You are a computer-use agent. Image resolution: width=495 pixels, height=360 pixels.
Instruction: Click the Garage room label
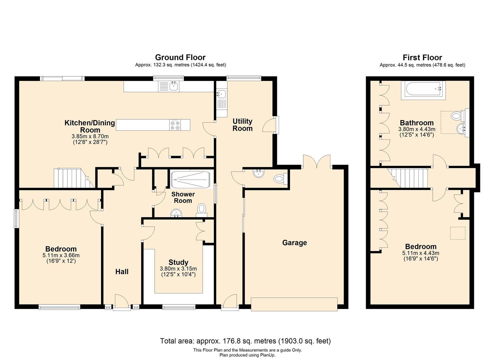[x=294, y=243]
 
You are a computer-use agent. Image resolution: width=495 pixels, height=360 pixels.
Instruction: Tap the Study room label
[x=178, y=262]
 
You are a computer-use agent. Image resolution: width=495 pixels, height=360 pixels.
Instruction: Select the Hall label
[x=122, y=272]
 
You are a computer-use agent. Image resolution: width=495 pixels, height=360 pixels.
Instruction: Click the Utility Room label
[x=242, y=125]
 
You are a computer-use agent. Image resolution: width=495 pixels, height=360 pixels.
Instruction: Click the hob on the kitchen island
[x=175, y=124]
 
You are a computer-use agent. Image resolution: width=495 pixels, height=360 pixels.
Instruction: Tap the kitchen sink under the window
[x=173, y=86]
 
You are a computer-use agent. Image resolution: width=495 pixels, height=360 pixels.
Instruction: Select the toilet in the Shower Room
[x=202, y=209]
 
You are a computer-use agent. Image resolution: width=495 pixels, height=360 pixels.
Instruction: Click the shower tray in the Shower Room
[x=190, y=180]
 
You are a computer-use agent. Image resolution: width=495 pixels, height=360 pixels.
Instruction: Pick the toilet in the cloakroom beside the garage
[x=279, y=179]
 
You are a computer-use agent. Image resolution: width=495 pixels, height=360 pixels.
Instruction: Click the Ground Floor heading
[x=180, y=57]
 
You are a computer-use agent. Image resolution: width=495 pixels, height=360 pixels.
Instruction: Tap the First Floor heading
[x=422, y=57]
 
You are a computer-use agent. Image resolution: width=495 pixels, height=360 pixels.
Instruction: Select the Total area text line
[x=245, y=341]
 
